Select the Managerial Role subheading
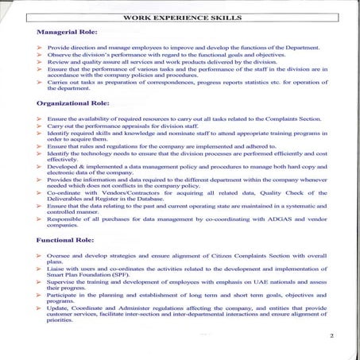pos(68,33)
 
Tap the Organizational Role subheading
pos(74,103)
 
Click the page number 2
pos(331,336)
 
